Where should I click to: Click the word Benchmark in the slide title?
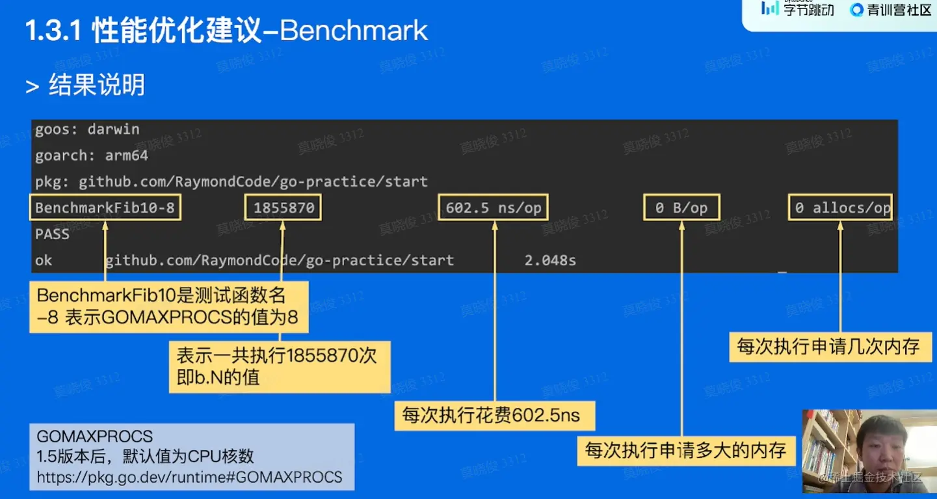354,31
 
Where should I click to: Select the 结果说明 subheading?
97,85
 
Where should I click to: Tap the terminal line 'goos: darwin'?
87,129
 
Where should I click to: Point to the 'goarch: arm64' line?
92,155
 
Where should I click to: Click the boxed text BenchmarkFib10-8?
105,208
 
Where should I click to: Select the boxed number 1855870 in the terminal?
284,208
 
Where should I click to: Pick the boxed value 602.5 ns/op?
493,208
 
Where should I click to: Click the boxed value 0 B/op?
681,208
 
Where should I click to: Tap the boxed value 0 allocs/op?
840,208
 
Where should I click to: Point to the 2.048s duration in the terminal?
550,260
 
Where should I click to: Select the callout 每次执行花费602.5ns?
494,416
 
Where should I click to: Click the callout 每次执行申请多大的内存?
686,451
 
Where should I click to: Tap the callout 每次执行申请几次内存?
830,347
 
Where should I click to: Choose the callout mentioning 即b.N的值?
280,367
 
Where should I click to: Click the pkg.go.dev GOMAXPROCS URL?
189,478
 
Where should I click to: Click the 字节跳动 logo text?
809,10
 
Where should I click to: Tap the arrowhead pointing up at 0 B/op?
682,226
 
